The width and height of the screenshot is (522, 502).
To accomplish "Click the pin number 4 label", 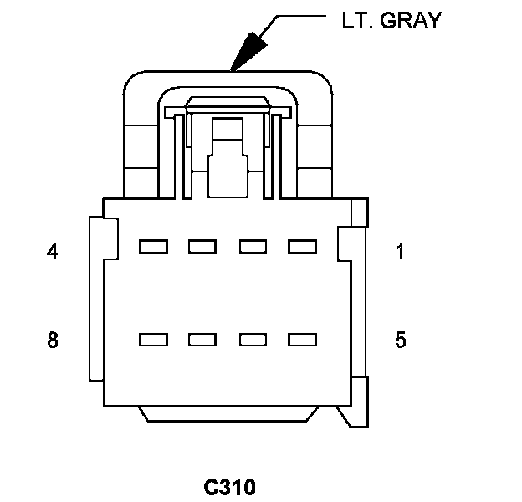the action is [x=52, y=251].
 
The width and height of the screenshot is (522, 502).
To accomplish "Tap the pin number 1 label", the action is [x=400, y=251].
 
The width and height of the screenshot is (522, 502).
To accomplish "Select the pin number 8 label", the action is [x=53, y=340].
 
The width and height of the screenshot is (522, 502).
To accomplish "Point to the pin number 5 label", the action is [x=401, y=340].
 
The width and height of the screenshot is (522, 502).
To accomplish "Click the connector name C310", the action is [x=230, y=487].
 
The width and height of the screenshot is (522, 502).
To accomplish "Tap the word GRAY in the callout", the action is [x=411, y=20].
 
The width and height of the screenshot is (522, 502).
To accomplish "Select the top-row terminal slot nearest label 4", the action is [x=153, y=247].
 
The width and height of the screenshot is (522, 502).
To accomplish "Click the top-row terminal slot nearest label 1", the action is [x=302, y=247].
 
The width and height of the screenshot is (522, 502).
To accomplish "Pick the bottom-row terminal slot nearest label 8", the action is [x=153, y=340].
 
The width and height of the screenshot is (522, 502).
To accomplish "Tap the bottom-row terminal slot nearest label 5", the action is [x=302, y=340].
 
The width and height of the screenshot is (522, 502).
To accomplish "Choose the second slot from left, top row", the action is [x=202, y=247].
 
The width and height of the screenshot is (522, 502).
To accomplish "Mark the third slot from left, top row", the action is [x=253, y=247].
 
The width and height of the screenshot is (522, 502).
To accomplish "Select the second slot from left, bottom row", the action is [x=202, y=340].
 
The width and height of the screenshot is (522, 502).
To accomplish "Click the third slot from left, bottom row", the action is [x=253, y=340].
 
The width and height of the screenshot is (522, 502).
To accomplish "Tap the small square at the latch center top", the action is [x=228, y=129].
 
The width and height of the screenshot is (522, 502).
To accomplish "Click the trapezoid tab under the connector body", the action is [x=228, y=414].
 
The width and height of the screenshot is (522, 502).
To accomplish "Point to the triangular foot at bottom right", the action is [x=354, y=417].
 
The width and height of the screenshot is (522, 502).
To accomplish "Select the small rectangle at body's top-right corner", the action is [x=360, y=213].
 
